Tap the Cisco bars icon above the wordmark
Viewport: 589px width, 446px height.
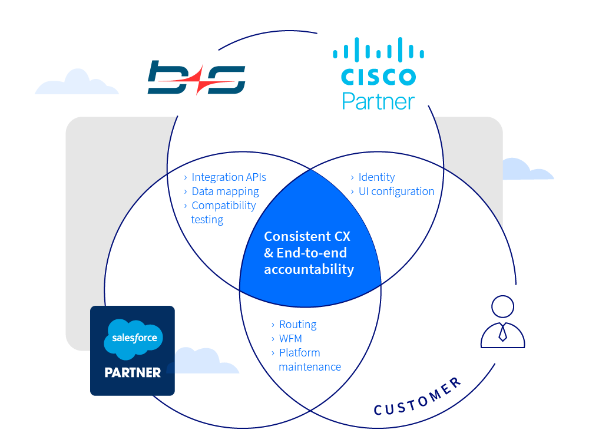point(378,51)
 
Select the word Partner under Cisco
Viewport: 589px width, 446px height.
point(378,100)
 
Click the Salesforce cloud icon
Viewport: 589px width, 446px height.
point(132,339)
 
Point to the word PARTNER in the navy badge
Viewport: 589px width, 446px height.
point(133,372)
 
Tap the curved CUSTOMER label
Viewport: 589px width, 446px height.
point(418,398)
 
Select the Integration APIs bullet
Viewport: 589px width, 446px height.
point(229,177)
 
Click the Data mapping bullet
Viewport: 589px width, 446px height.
point(225,191)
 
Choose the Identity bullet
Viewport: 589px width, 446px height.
point(376,177)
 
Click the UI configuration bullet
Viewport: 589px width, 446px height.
point(396,191)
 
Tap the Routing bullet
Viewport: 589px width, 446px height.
point(297,325)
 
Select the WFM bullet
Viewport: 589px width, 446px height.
point(290,339)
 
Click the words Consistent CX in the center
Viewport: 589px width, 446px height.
point(307,236)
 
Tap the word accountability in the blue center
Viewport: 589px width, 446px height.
point(309,270)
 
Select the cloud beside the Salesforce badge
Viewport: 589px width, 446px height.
point(203,361)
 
